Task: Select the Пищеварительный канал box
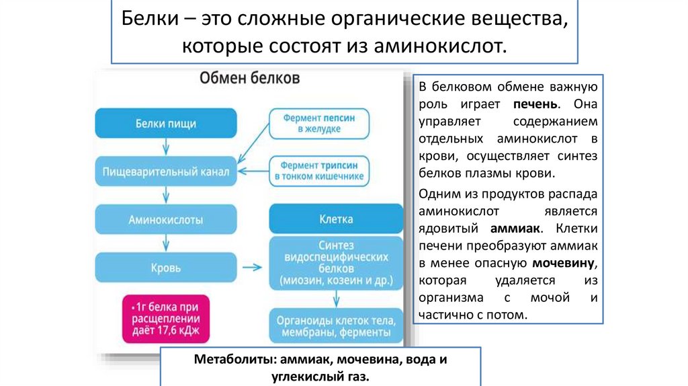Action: coord(165,171)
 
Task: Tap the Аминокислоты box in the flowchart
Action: coord(165,219)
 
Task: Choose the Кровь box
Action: coord(165,268)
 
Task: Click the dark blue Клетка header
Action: coord(337,219)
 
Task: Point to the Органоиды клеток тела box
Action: coord(337,325)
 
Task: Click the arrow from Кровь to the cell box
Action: coord(252,268)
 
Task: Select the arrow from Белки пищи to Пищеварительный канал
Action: coord(165,148)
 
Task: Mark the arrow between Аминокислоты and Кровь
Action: coord(165,243)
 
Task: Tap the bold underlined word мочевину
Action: coord(564,262)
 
